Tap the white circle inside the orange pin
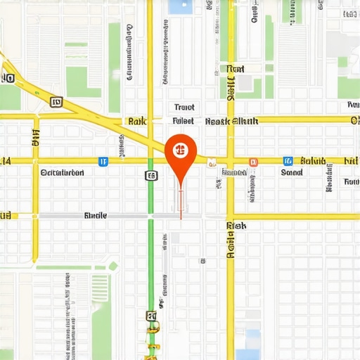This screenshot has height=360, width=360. [181, 150]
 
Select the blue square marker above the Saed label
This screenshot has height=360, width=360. [287, 161]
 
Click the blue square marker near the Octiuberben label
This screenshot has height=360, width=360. [103, 161]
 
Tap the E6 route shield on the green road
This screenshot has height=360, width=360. [150, 174]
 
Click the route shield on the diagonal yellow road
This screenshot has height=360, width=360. [57, 103]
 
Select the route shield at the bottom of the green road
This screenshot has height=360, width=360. [150, 316]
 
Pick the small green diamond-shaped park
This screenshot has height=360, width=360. [112, 266]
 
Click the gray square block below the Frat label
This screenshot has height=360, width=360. [244, 83]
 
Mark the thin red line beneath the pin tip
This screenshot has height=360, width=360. [181, 204]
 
